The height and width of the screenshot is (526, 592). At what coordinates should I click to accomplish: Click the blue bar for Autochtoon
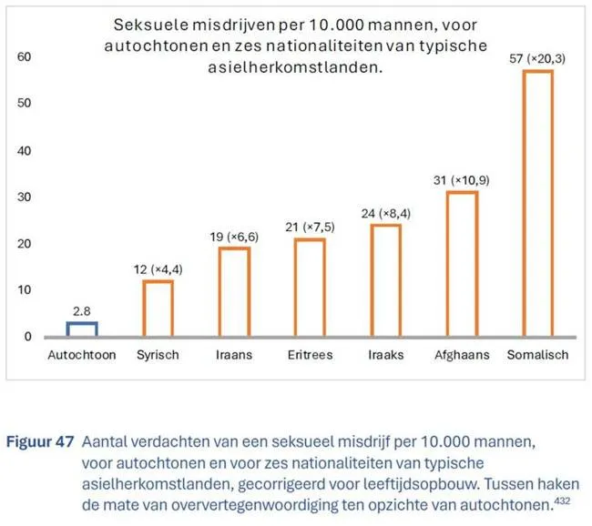click(x=82, y=329)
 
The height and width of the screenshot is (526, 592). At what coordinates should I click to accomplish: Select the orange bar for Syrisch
click(x=158, y=309)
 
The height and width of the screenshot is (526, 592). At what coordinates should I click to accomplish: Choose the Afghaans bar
click(x=462, y=264)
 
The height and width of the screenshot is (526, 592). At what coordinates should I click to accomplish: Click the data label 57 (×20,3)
click(x=537, y=58)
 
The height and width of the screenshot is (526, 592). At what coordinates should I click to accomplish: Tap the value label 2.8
click(x=82, y=311)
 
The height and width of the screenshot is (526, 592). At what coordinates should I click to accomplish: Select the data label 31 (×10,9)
click(x=462, y=180)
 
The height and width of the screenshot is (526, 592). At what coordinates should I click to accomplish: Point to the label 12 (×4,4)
click(x=158, y=269)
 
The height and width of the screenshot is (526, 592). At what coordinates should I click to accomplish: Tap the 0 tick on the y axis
click(x=27, y=336)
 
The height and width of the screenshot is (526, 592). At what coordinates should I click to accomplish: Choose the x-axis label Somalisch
click(x=537, y=355)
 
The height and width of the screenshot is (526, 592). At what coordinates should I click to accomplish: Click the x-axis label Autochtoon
click(x=82, y=355)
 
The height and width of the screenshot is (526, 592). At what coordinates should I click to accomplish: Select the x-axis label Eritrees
click(x=310, y=355)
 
